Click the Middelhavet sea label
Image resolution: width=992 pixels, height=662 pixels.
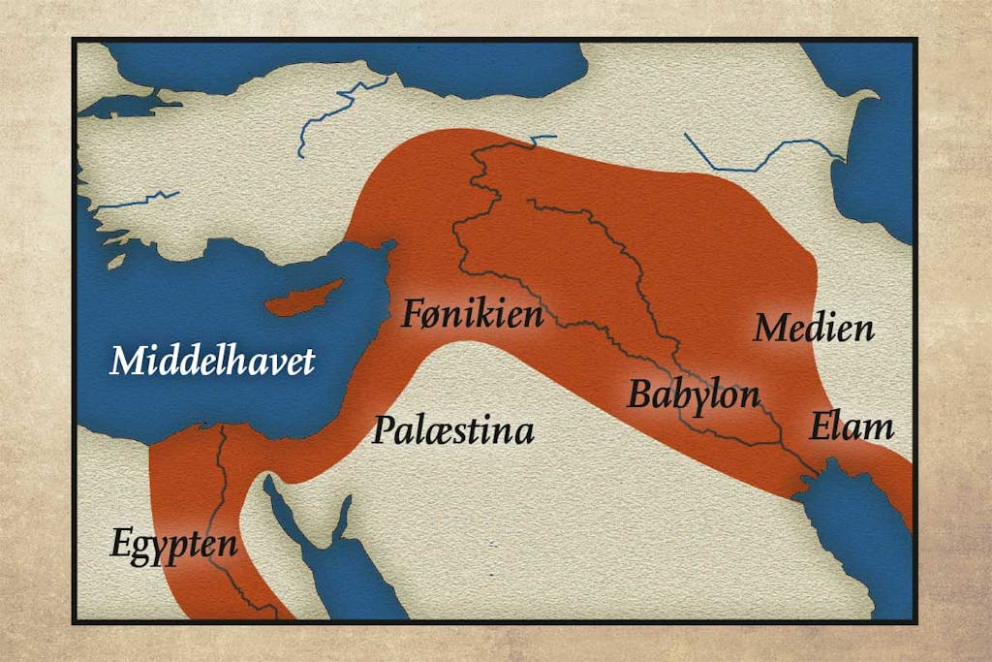tap(212, 362)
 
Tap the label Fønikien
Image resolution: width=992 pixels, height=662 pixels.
tap(472, 313)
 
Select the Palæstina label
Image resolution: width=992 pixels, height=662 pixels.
tap(452, 429)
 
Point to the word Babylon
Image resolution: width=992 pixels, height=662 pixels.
tap(693, 394)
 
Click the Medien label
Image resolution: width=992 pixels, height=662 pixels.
tap(814, 329)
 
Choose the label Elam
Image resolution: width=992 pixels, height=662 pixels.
tap(852, 426)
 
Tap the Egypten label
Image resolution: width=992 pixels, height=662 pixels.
tap(173, 543)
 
